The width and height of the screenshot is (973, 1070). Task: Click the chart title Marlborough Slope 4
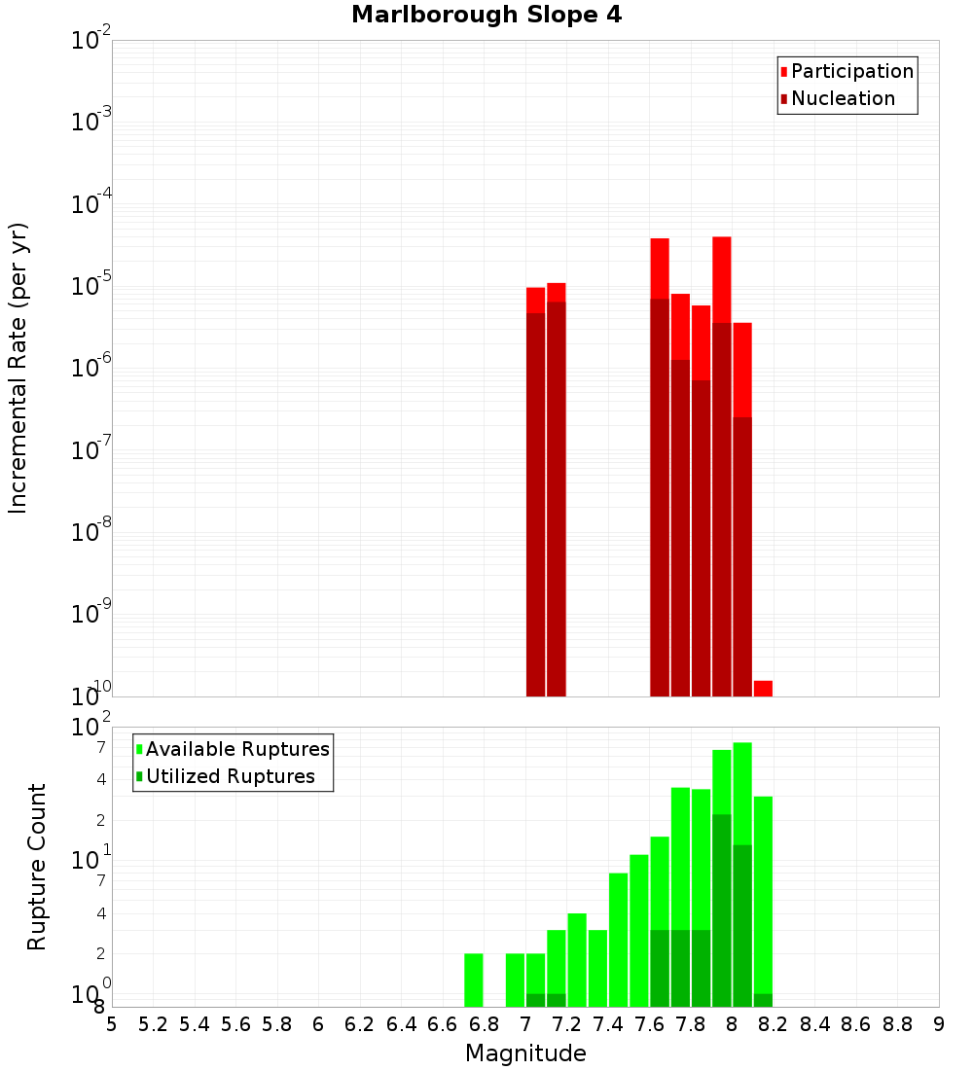[486, 16]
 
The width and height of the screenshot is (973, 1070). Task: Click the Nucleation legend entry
[842, 98]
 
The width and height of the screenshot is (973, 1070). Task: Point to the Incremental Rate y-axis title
[18, 368]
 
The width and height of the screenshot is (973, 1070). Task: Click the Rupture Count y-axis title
[37, 867]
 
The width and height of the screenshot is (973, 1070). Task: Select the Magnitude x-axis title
[525, 1053]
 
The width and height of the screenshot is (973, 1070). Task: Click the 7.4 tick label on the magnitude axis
[608, 1023]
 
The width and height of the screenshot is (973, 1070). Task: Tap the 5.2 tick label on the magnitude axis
[153, 1023]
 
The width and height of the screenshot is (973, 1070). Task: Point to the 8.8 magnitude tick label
[897, 1023]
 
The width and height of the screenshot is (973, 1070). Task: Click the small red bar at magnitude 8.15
[763, 688]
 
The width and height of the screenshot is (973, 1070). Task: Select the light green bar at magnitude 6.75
[474, 980]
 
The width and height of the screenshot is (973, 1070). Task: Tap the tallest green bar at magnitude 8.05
[742, 793]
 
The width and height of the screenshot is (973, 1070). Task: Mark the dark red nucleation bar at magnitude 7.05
[535, 506]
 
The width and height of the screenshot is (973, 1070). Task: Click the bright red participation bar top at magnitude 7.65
[660, 267]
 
